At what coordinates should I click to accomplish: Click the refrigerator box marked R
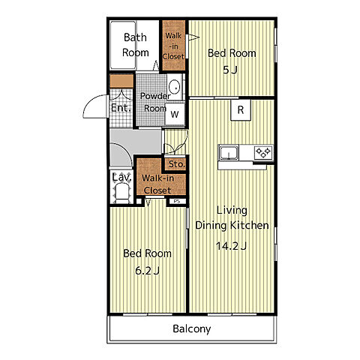(x=241, y=110)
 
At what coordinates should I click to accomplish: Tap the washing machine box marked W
(x=175, y=115)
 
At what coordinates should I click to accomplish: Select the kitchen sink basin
(x=229, y=152)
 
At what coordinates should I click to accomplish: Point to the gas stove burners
(x=263, y=152)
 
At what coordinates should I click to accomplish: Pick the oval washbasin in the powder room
(x=174, y=88)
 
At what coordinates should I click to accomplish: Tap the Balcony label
(x=192, y=329)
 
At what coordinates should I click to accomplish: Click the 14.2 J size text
(x=232, y=246)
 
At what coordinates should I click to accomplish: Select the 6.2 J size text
(x=148, y=271)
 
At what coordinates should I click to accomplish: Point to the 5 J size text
(x=230, y=70)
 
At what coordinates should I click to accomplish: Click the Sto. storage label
(x=176, y=164)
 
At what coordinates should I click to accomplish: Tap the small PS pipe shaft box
(x=177, y=201)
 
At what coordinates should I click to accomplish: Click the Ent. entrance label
(x=121, y=108)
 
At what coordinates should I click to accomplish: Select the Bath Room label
(x=136, y=45)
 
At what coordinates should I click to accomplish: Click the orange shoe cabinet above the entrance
(x=121, y=82)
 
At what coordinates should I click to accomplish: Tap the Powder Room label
(x=155, y=102)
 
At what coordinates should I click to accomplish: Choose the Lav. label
(x=121, y=178)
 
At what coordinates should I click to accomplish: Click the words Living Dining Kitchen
(x=232, y=217)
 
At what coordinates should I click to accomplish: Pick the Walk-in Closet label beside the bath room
(x=173, y=46)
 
